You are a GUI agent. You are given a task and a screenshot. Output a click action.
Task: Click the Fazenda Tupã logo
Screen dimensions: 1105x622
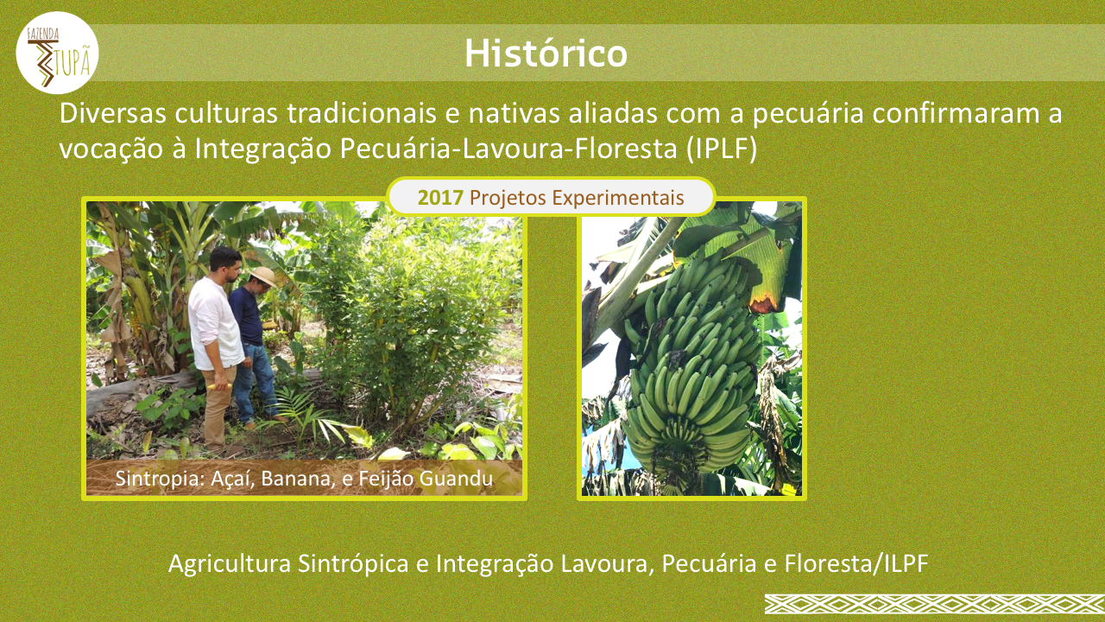pos(57,53)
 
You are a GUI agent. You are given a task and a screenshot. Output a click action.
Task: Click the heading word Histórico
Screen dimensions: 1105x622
pos(546,54)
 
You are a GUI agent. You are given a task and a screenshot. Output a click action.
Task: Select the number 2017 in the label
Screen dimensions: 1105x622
pos(440,198)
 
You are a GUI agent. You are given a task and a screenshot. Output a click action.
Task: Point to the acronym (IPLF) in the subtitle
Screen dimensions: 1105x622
pos(721,149)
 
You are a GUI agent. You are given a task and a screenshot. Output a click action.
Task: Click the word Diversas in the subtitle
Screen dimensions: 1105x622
pos(113,113)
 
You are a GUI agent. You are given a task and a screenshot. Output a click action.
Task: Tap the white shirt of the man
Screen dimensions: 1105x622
pos(215,323)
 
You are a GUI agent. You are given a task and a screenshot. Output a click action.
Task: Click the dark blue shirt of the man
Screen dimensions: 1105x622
pos(247,316)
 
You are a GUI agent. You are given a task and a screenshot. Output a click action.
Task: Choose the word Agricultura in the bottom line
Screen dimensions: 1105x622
pos(230,564)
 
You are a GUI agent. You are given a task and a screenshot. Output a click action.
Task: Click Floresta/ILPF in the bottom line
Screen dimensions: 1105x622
pos(857,563)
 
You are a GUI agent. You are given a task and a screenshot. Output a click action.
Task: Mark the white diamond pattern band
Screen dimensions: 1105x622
pos(935,604)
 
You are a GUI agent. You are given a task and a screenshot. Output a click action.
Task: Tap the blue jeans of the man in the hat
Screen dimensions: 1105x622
pos(256,383)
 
